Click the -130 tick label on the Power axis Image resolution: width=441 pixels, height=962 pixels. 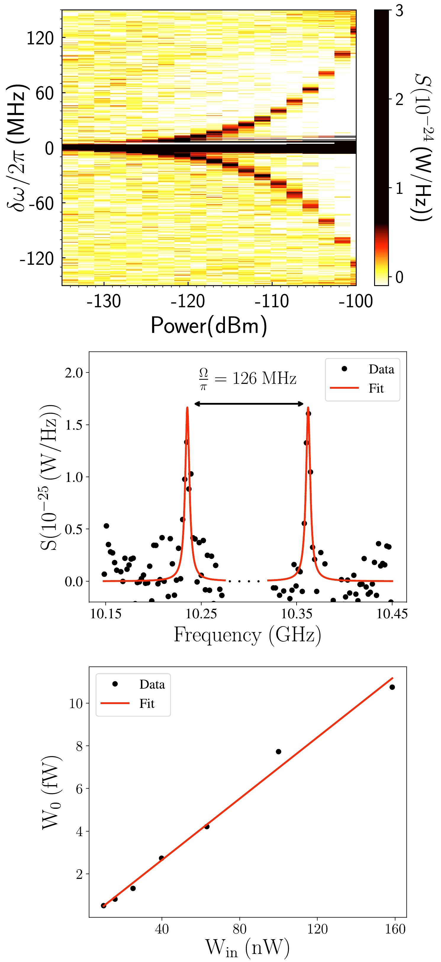[x=104, y=301]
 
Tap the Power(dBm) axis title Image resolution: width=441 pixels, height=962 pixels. [x=209, y=325]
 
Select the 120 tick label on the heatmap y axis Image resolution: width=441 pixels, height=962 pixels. [x=40, y=38]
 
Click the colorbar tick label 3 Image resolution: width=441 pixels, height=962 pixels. [x=399, y=11]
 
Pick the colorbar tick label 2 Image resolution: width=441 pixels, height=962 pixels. [x=399, y=99]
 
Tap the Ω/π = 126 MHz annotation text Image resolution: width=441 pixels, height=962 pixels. [x=248, y=378]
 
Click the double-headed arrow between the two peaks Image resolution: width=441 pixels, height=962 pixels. [x=249, y=404]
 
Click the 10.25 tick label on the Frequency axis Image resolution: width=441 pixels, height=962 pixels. [x=201, y=614]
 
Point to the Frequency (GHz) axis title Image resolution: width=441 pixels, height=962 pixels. [x=247, y=635]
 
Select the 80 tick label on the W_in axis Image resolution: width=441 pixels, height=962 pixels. [x=239, y=929]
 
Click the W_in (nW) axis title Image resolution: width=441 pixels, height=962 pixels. [x=247, y=948]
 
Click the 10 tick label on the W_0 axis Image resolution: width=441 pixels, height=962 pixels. [x=76, y=703]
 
